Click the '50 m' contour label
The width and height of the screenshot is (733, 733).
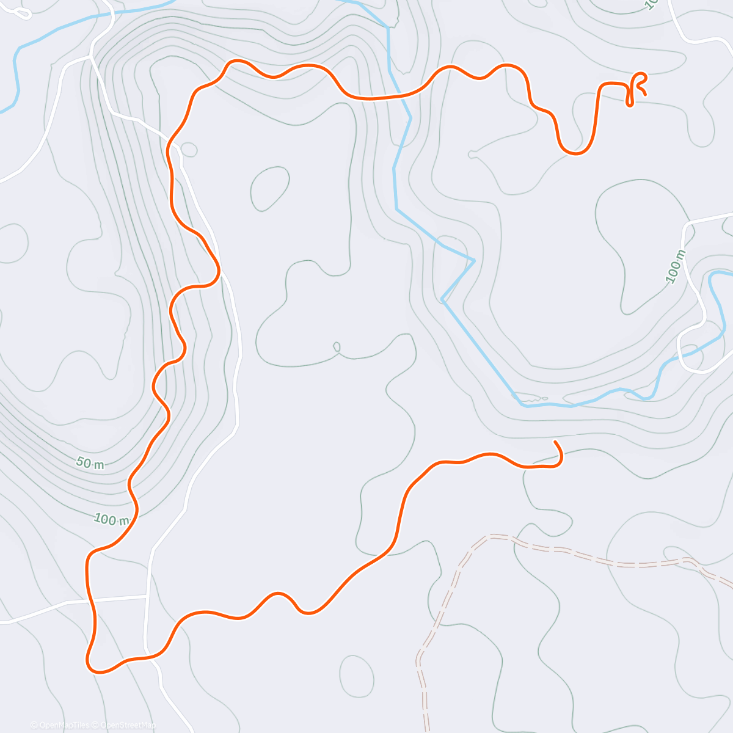[x=90, y=464]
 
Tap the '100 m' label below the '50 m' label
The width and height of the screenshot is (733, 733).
[x=111, y=520]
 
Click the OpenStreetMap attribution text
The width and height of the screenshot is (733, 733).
[x=125, y=725]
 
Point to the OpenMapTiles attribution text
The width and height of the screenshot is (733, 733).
[x=60, y=725]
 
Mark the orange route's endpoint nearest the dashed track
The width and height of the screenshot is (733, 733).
[x=555, y=442]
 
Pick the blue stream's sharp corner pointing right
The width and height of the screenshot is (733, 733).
[x=474, y=261]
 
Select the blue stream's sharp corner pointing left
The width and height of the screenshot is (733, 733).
[x=442, y=300]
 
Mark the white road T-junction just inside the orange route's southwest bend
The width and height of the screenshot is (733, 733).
[x=148, y=595]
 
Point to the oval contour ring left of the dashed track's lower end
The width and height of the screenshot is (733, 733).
[x=356, y=676]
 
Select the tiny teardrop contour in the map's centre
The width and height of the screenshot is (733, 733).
[x=337, y=347]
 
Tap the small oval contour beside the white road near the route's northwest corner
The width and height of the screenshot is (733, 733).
[x=189, y=149]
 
